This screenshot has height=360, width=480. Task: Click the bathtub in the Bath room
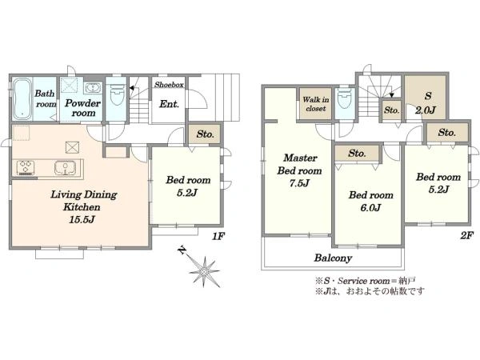coord(22,99)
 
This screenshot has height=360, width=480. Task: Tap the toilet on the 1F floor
coord(117,94)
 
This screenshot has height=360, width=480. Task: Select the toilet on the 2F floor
coord(345,98)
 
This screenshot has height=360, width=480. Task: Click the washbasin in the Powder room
coord(93,88)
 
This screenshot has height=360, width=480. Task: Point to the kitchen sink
coord(65,168)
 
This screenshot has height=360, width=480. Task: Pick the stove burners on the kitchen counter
coord(26,168)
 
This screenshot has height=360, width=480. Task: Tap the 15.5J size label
coord(82,219)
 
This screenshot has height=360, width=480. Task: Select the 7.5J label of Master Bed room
coord(299,183)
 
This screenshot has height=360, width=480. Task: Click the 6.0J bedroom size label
coord(370,208)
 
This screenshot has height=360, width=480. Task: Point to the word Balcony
coord(333,258)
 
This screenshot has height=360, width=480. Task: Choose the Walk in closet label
coord(316,104)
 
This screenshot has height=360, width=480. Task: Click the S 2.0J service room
coord(426,98)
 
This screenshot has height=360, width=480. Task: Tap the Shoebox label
coord(169,85)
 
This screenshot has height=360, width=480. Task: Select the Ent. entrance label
coord(169,104)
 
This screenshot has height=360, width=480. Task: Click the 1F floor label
coord(218,236)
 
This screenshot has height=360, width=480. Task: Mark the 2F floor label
coord(467,235)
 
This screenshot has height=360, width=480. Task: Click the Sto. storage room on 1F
coord(204,134)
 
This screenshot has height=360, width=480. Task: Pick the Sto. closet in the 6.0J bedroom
coord(358,153)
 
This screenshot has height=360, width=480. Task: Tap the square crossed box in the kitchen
coord(73,147)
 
